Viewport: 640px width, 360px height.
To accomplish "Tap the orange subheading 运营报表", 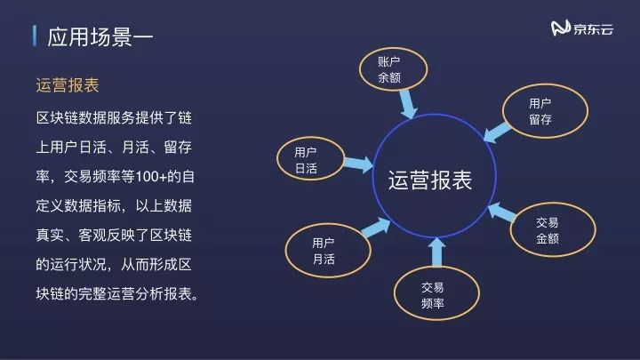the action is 67,86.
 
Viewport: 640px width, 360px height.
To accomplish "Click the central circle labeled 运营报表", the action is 429,180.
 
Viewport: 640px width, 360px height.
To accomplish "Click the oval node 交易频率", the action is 432,295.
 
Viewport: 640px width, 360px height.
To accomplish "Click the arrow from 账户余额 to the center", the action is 407,106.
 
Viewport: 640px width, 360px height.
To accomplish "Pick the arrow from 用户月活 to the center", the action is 367,228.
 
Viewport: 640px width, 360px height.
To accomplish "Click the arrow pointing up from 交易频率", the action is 435,252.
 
